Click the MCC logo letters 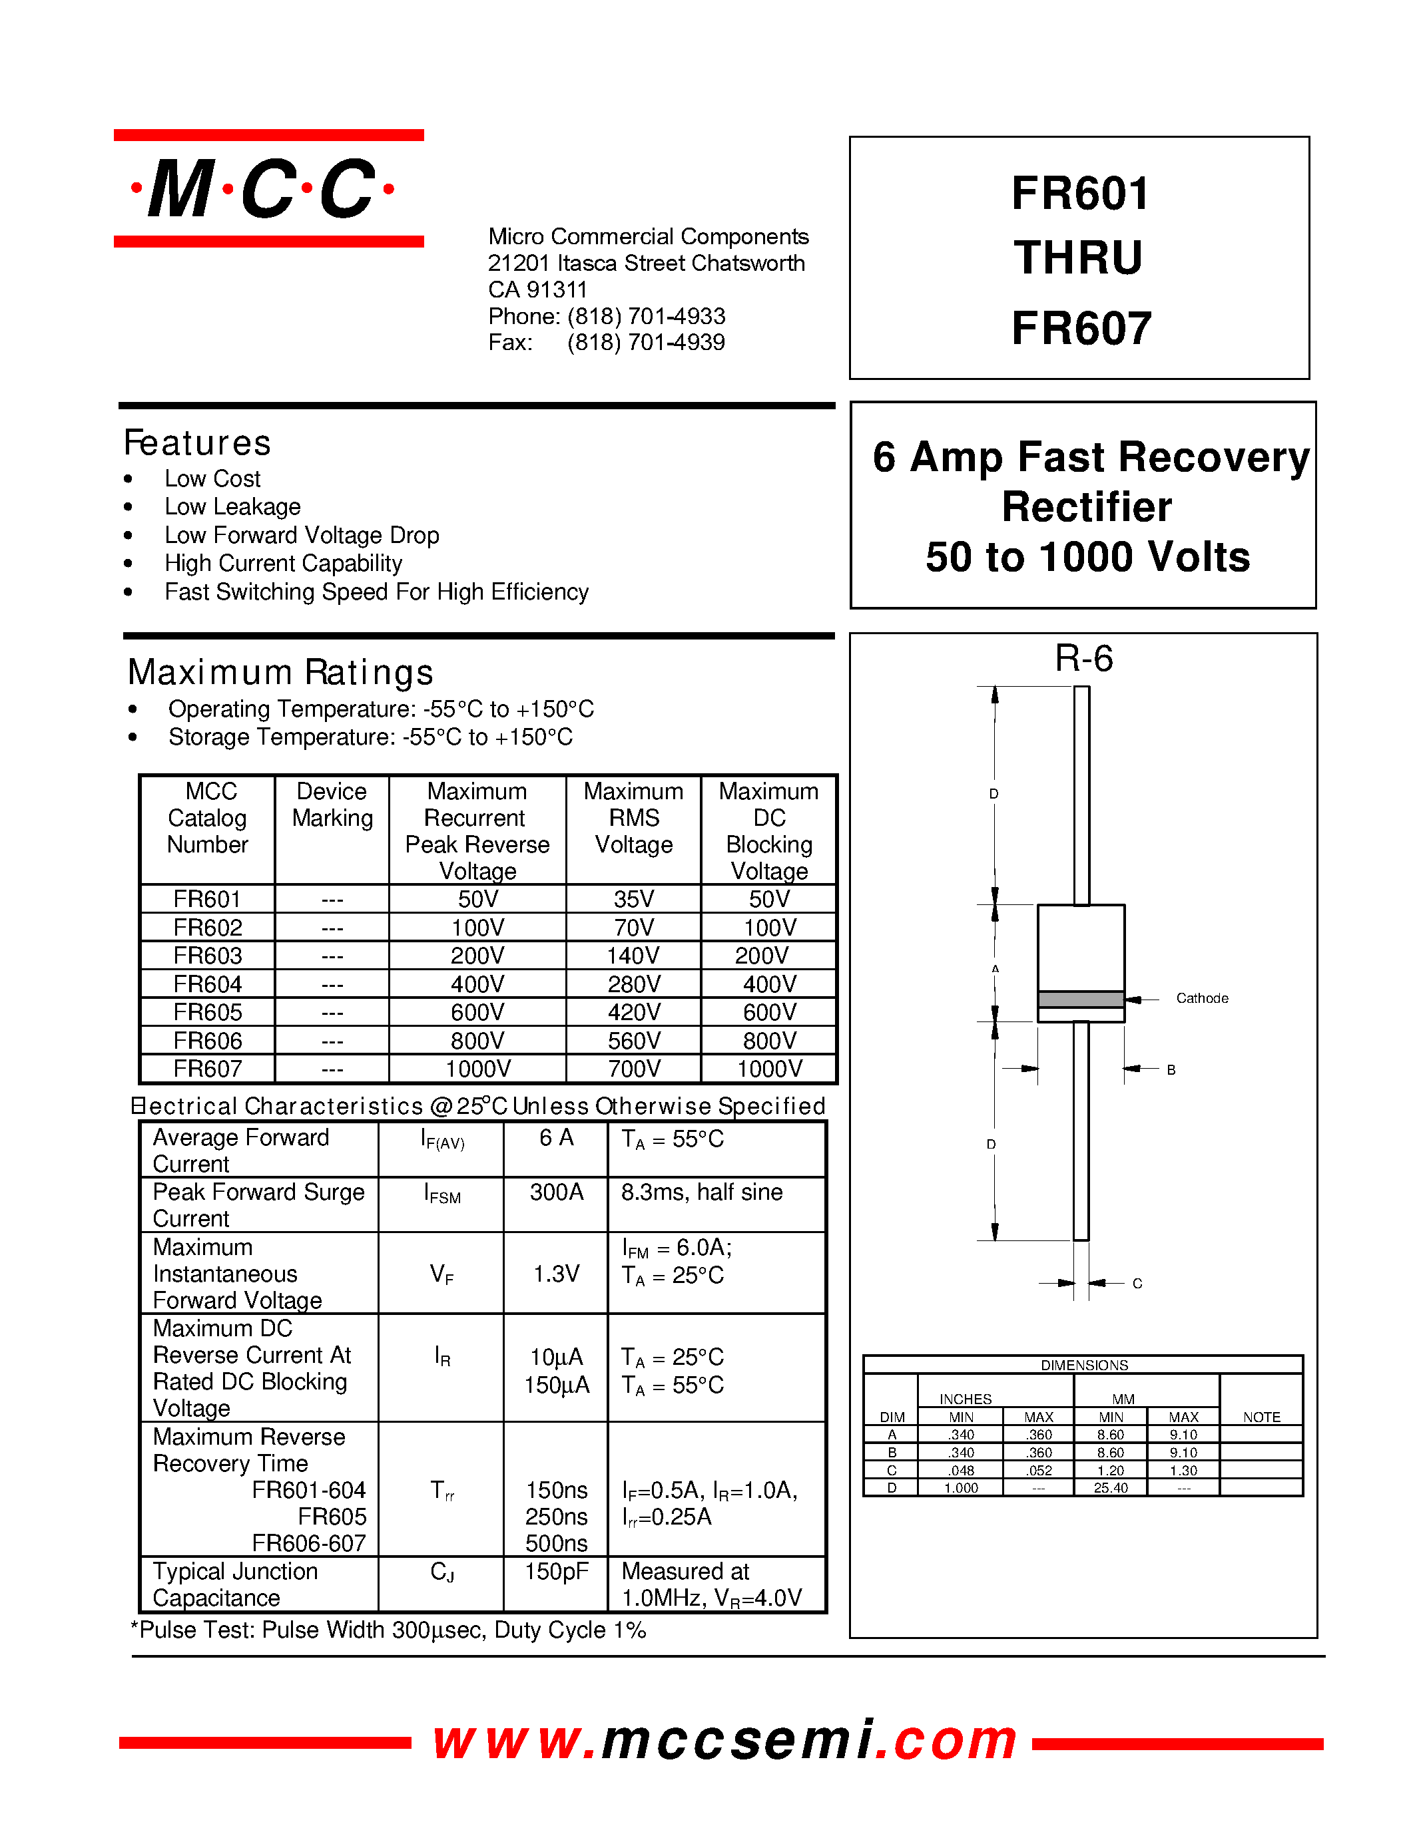click(x=263, y=188)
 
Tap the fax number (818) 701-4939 click(x=645, y=342)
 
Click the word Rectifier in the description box click(x=1087, y=507)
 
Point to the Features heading click(x=198, y=443)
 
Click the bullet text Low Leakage click(x=232, y=506)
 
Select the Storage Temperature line click(x=370, y=737)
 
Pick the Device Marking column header click(x=332, y=805)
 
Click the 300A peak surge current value click(x=556, y=1192)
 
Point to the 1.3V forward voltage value click(x=556, y=1274)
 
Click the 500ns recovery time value click(x=556, y=1543)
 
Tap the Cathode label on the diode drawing click(x=1201, y=998)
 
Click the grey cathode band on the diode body click(x=1081, y=999)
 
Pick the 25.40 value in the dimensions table click(x=1110, y=1487)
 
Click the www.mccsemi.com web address click(x=724, y=1740)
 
